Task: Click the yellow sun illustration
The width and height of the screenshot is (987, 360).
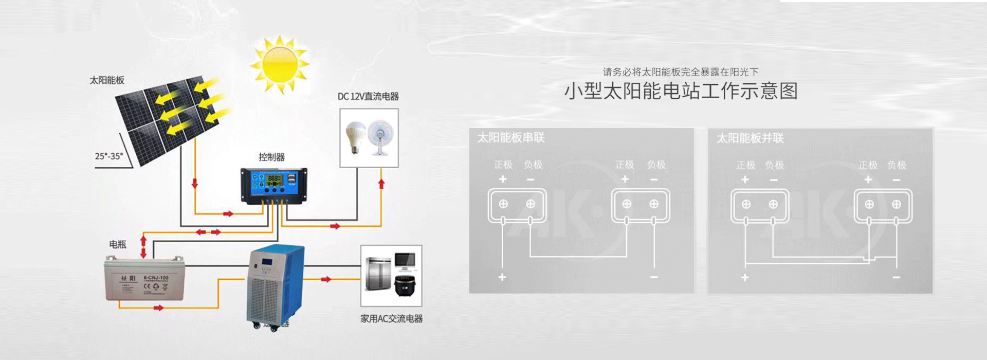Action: (x=280, y=64)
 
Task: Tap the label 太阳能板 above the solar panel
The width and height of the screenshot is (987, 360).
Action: (x=107, y=80)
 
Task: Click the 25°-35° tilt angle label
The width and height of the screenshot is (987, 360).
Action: (x=109, y=156)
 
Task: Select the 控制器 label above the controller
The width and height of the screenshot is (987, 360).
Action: (x=271, y=157)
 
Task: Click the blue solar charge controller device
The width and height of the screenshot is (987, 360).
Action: (x=274, y=185)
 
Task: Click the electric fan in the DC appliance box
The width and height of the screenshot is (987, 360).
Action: (x=381, y=137)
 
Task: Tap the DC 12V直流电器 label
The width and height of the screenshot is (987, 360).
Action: (x=368, y=97)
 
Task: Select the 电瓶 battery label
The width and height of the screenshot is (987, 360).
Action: (x=117, y=244)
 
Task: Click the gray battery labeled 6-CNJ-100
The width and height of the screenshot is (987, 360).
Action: (x=144, y=278)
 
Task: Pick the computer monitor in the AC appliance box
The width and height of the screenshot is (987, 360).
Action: (x=405, y=261)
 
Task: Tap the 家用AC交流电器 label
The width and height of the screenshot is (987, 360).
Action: (x=391, y=319)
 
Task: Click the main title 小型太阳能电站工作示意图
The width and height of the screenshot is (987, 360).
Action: (x=681, y=92)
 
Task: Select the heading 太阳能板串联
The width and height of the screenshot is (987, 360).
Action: (x=510, y=138)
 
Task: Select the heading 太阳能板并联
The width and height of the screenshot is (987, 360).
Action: (x=750, y=138)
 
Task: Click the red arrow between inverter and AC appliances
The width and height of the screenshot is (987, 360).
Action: (x=325, y=279)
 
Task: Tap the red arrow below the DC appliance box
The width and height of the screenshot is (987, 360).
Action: (x=381, y=184)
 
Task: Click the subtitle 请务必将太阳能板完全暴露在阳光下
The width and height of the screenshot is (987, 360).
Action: (x=681, y=72)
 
